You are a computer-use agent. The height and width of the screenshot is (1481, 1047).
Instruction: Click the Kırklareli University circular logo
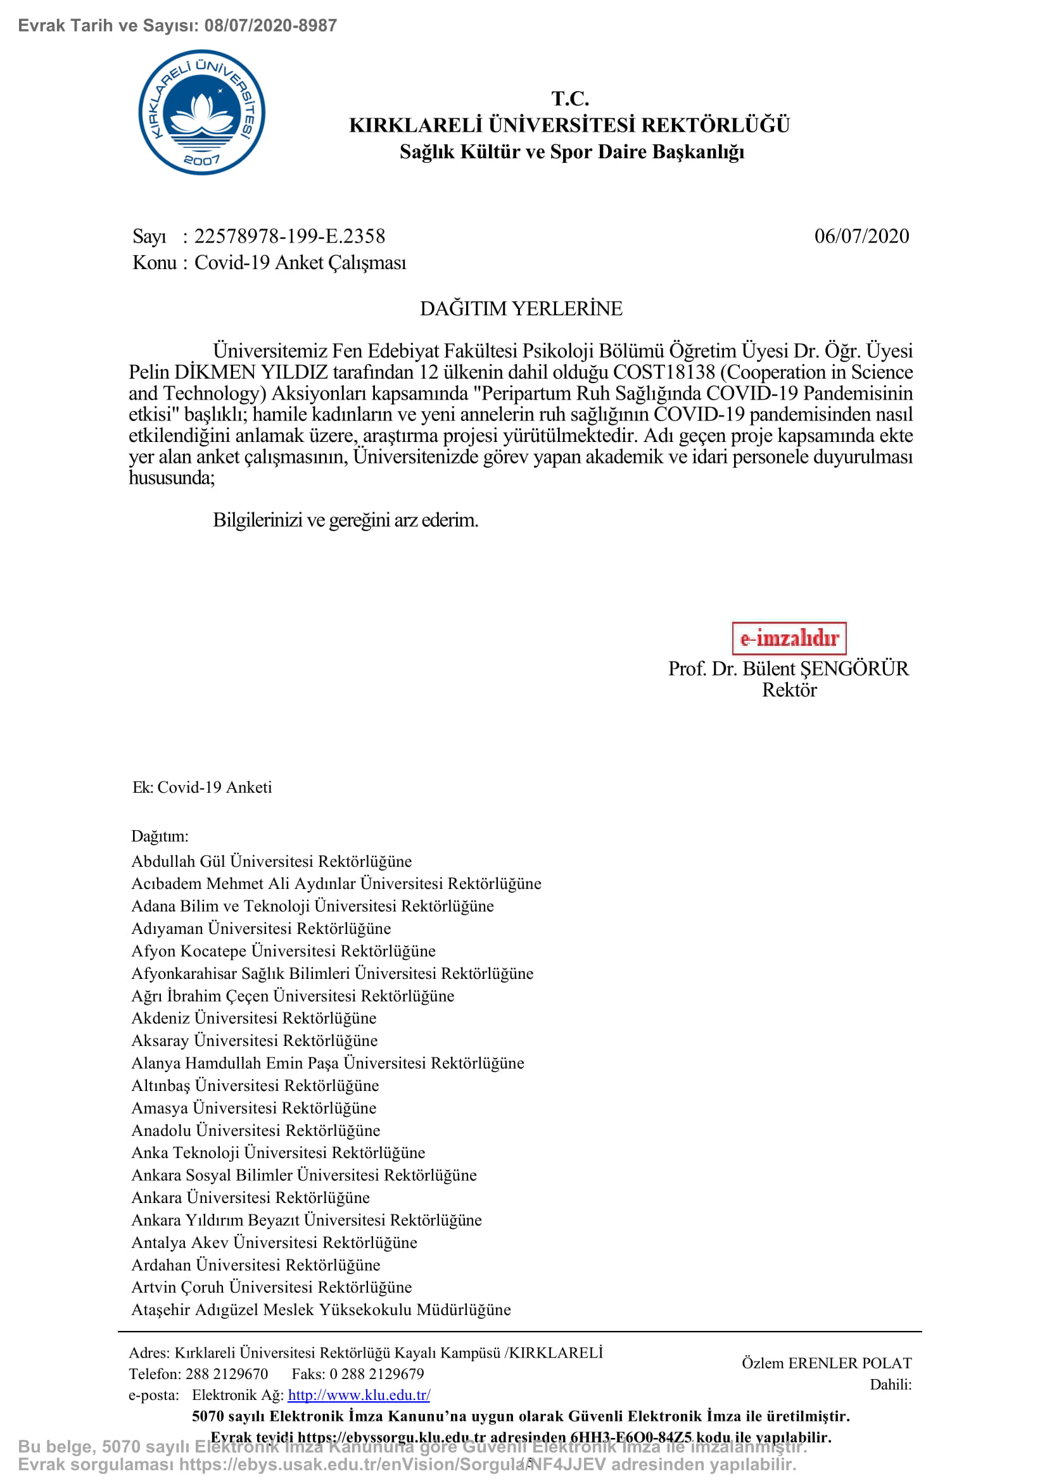(202, 112)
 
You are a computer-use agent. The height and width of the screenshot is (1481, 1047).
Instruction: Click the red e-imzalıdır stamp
(789, 638)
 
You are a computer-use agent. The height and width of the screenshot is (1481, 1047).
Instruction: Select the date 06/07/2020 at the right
(861, 236)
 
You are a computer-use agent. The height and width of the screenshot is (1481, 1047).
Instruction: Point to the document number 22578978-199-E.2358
(289, 236)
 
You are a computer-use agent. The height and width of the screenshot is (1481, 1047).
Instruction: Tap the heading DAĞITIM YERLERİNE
(521, 308)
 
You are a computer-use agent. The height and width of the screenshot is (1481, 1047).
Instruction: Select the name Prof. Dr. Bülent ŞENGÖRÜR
(789, 668)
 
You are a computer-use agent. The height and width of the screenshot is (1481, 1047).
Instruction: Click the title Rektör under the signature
(789, 690)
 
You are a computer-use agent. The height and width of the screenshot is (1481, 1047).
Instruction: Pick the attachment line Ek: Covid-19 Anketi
(202, 787)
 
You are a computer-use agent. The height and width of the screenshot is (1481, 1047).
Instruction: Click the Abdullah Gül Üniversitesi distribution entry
(272, 861)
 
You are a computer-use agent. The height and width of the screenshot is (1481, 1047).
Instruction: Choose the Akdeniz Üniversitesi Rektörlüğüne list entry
(254, 1018)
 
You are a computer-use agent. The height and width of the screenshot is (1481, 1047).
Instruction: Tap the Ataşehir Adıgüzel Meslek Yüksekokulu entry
(321, 1309)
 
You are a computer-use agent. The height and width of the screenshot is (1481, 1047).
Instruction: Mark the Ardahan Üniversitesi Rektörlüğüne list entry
(256, 1264)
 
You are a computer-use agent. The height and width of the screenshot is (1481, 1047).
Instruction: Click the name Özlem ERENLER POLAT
(827, 1363)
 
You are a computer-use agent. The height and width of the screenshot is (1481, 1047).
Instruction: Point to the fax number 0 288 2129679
(377, 1374)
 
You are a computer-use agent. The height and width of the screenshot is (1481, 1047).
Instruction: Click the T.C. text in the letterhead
(570, 99)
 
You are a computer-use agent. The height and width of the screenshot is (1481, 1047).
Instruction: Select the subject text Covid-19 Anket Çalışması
(301, 263)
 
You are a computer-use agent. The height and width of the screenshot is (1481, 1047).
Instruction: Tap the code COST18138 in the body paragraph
(664, 372)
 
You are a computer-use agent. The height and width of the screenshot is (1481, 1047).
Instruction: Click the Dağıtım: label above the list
(160, 836)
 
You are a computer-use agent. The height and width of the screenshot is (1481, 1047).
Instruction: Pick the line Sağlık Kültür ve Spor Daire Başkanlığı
(571, 151)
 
